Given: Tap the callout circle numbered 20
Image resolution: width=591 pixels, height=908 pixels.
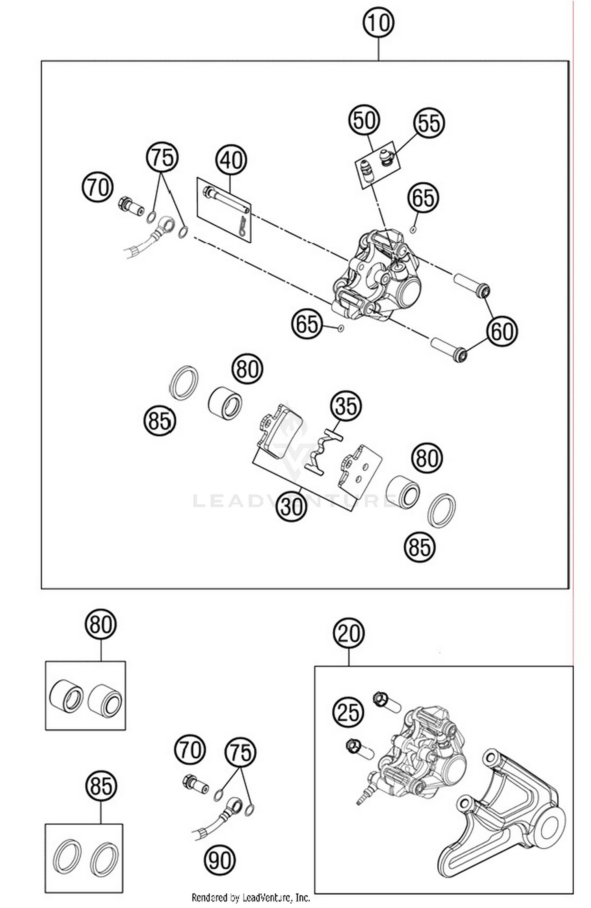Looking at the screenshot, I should [349, 634].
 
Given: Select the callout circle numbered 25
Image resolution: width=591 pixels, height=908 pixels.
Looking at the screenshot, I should [348, 712].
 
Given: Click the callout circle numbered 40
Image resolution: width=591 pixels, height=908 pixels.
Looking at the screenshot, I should [231, 160].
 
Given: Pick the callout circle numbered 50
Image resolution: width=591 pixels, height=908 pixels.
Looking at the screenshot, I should [364, 120].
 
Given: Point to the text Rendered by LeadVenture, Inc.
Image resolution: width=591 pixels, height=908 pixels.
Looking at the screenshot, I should [251, 898].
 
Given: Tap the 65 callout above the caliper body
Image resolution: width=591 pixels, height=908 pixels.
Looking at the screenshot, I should [423, 198].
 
